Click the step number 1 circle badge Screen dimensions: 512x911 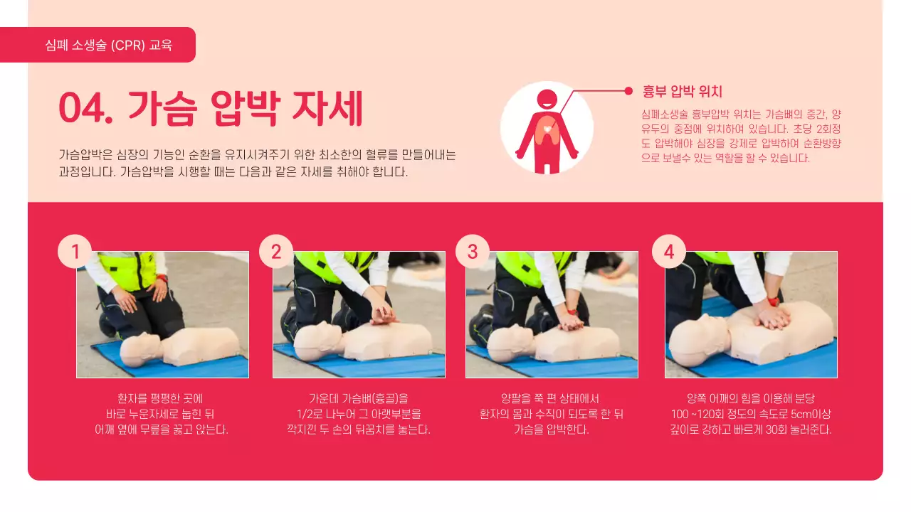point(75,251)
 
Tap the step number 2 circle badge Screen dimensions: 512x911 point(276,251)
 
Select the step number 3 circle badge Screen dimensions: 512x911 point(473,251)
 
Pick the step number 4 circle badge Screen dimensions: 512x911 point(669,251)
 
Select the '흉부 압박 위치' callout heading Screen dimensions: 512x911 point(682,91)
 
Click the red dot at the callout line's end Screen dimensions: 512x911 point(628,90)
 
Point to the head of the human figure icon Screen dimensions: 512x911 point(547,99)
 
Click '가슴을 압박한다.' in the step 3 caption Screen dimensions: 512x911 point(551,430)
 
